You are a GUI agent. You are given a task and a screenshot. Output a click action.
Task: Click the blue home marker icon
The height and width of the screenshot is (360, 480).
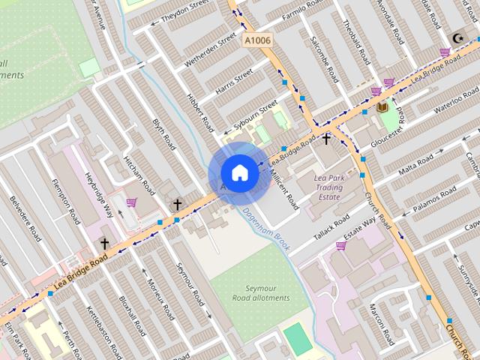[239, 172]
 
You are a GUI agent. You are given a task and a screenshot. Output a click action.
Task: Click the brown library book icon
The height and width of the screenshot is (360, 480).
[382, 107]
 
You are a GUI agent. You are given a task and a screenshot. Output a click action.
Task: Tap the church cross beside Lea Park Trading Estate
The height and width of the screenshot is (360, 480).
[326, 139]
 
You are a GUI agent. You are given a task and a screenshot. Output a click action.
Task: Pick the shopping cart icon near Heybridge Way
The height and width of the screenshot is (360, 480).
[132, 202]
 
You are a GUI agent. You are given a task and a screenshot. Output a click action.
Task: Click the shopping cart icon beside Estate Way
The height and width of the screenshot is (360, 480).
[340, 244]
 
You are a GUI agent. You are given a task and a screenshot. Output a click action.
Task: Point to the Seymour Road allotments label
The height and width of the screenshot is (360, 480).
[267, 292]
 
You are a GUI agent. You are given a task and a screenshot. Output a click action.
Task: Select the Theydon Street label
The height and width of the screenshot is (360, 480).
[179, 13]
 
